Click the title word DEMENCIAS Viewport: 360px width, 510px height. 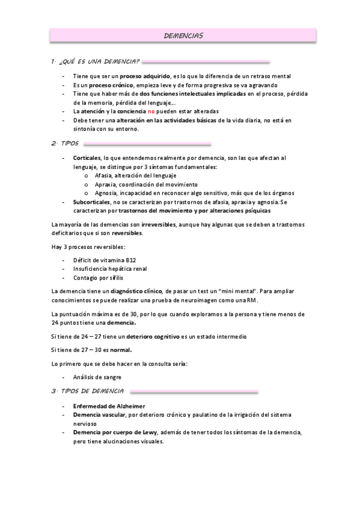point(183,37)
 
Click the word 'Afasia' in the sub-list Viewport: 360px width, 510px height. point(104,175)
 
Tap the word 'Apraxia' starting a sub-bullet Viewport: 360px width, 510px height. point(106,184)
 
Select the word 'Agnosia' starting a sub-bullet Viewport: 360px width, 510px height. point(106,193)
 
